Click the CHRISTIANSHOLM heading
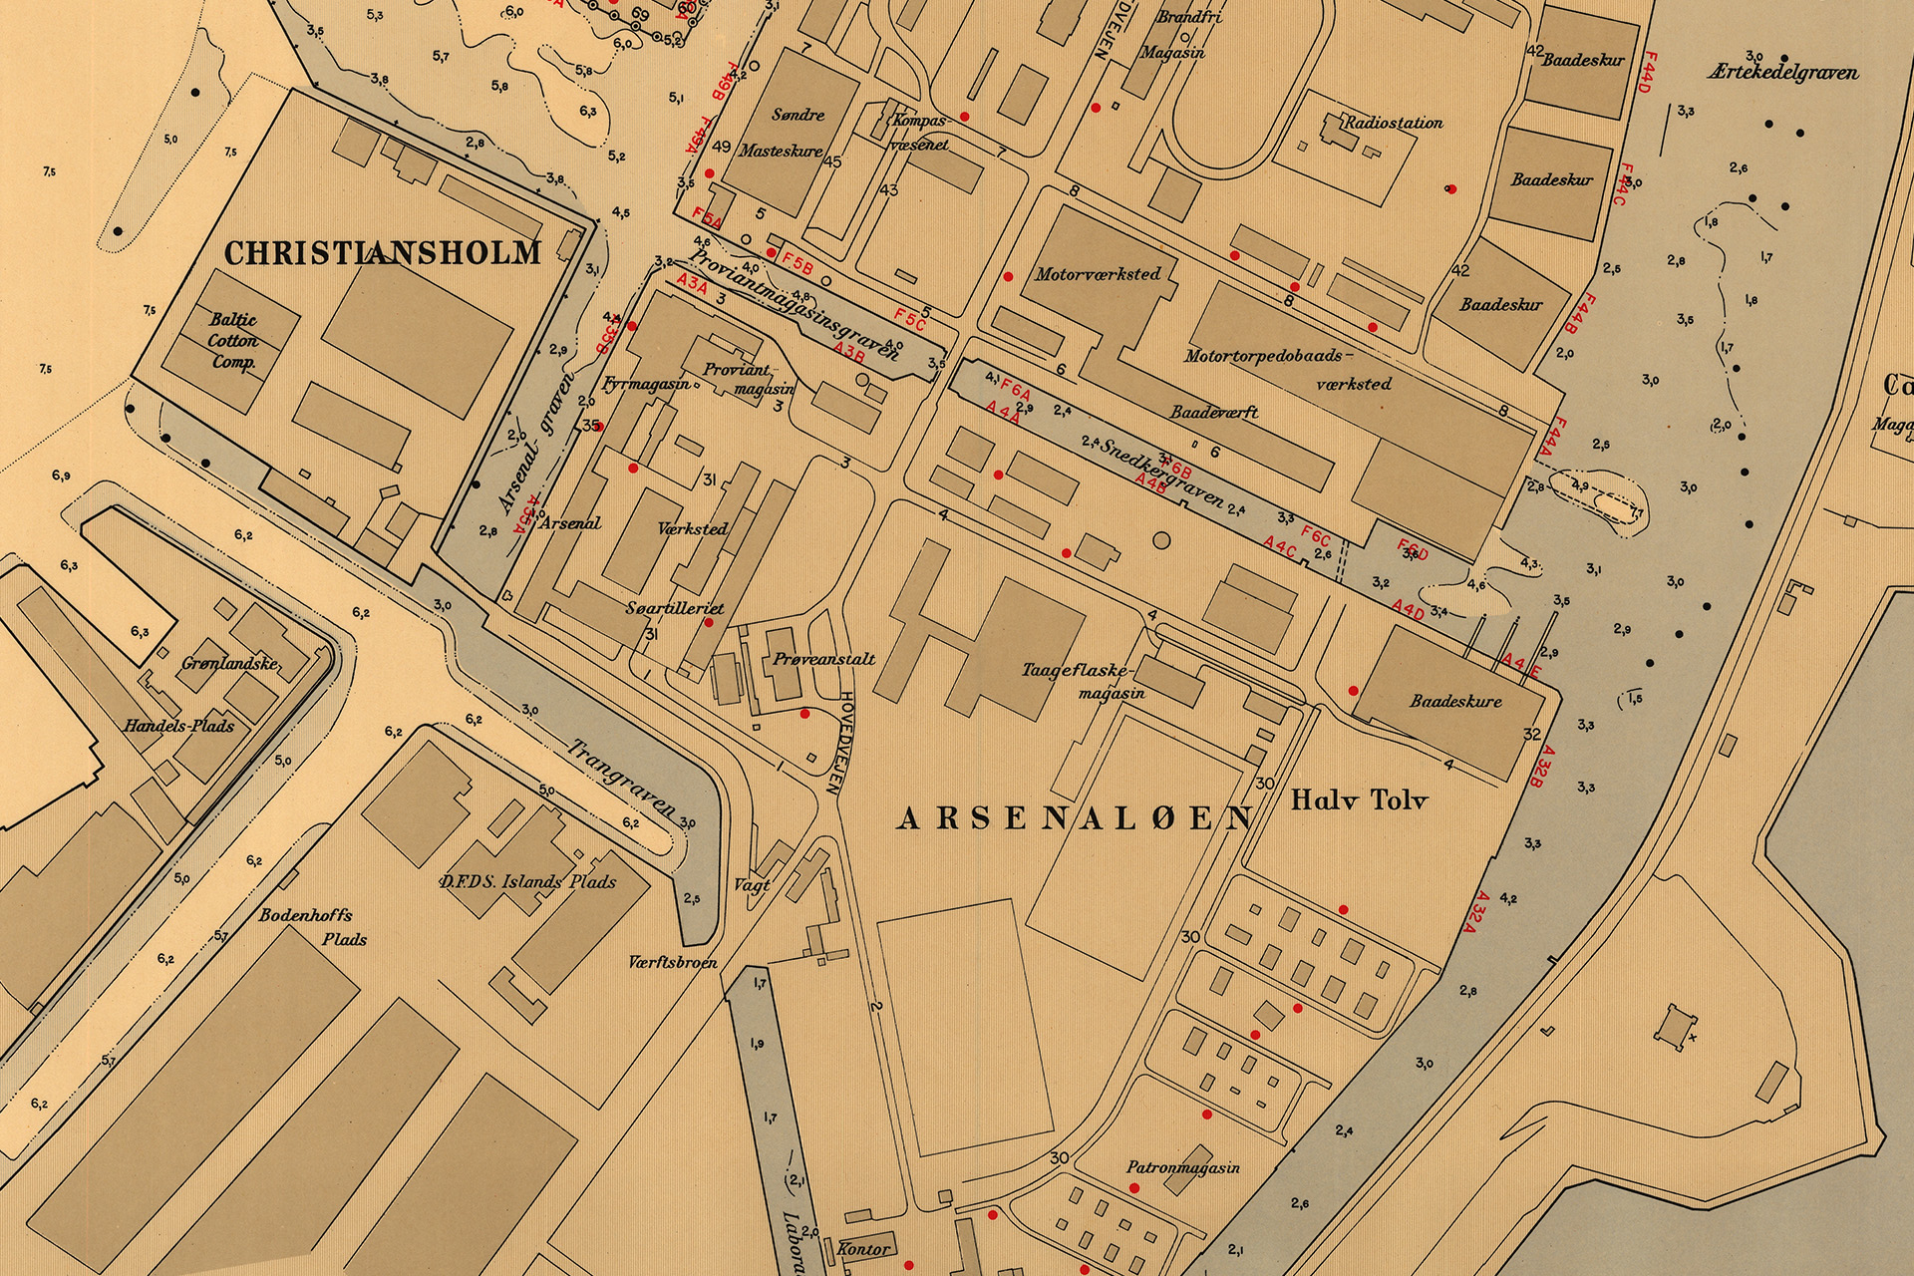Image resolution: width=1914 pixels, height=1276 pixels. pos(383,252)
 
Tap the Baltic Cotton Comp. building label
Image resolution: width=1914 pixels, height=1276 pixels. pos(233,341)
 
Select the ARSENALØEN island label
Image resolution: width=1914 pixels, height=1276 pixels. pos(1075,818)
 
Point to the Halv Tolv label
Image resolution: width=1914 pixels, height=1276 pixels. pos(1360,799)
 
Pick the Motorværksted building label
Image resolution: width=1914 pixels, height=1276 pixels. pos(1098,273)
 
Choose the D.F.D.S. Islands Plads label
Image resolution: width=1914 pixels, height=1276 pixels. pos(527,881)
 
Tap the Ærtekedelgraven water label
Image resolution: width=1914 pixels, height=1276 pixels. pos(1782,73)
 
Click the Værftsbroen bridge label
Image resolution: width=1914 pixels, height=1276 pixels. pos(673,963)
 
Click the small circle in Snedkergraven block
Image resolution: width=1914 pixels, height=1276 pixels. pos(1159,540)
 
